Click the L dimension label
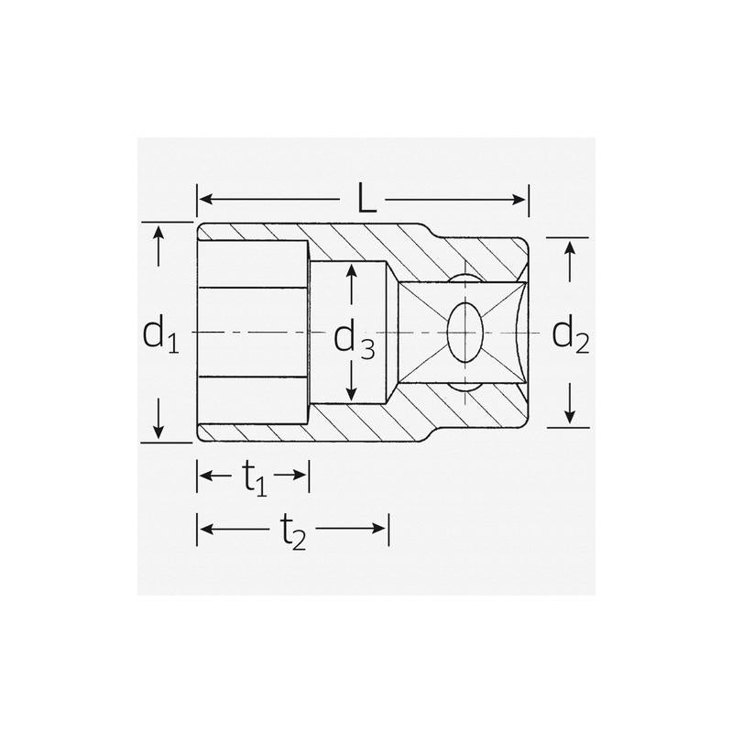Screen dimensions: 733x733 pos(366,200)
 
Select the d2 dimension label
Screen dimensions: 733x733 pos(570,336)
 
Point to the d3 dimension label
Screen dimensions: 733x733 pos(354,340)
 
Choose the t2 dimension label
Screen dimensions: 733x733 pos(292,531)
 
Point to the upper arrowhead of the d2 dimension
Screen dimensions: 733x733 pos(570,246)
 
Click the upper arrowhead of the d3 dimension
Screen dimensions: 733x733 pos(350,271)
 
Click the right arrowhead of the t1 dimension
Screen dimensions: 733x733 pos(300,475)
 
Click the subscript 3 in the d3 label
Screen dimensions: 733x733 pos(366,348)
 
